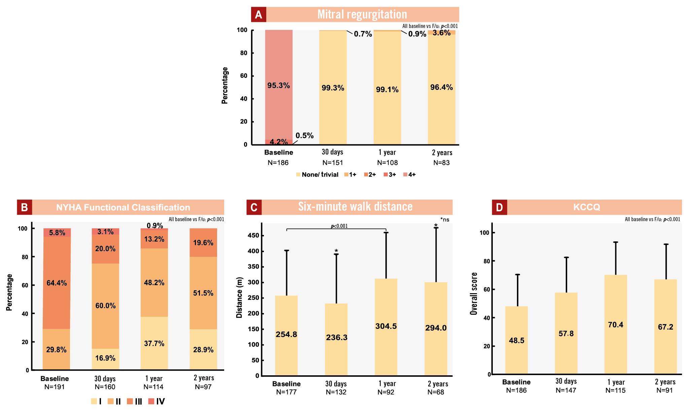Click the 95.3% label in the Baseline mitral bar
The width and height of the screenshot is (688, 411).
pyautogui.click(x=278, y=85)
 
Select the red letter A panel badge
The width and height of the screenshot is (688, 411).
pyautogui.click(x=259, y=14)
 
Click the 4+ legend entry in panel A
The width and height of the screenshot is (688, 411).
pyautogui.click(x=410, y=174)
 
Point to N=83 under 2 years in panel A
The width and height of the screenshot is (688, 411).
pyautogui.click(x=441, y=163)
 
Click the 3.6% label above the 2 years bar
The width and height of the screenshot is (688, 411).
pyautogui.click(x=441, y=33)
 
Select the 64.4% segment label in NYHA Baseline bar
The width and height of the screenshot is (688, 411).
pyautogui.click(x=57, y=283)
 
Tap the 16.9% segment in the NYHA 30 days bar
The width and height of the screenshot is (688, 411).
pyautogui.click(x=105, y=358)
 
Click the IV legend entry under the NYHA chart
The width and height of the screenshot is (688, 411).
pyautogui.click(x=157, y=401)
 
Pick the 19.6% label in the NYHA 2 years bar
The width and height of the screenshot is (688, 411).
pyautogui.click(x=203, y=243)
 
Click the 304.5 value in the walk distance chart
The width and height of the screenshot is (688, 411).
pyautogui.click(x=386, y=326)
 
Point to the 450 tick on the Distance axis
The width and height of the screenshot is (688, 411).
pyautogui.click(x=253, y=235)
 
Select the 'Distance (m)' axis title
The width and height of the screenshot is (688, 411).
pyautogui.click(x=239, y=298)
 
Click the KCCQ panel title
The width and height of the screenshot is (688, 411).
pyautogui.click(x=586, y=207)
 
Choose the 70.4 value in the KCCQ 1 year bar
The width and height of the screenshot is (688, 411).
pyautogui.click(x=615, y=324)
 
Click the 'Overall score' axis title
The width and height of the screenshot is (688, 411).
pyautogui.click(x=474, y=294)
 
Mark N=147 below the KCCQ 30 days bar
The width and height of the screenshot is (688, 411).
pyautogui.click(x=566, y=390)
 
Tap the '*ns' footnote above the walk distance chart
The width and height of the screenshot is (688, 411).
pyautogui.click(x=445, y=219)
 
